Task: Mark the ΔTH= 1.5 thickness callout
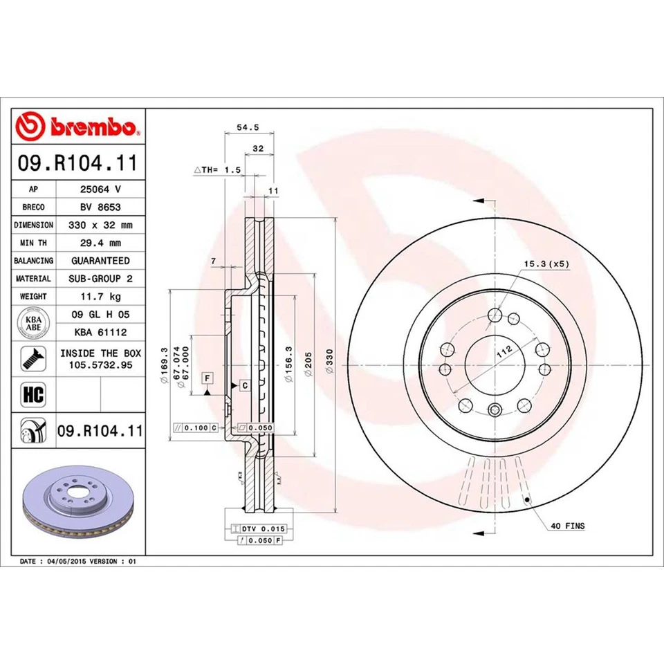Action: (x=216, y=169)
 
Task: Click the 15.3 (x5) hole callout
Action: (x=546, y=264)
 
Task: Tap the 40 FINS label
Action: (x=567, y=526)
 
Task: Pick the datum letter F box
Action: (x=206, y=378)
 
